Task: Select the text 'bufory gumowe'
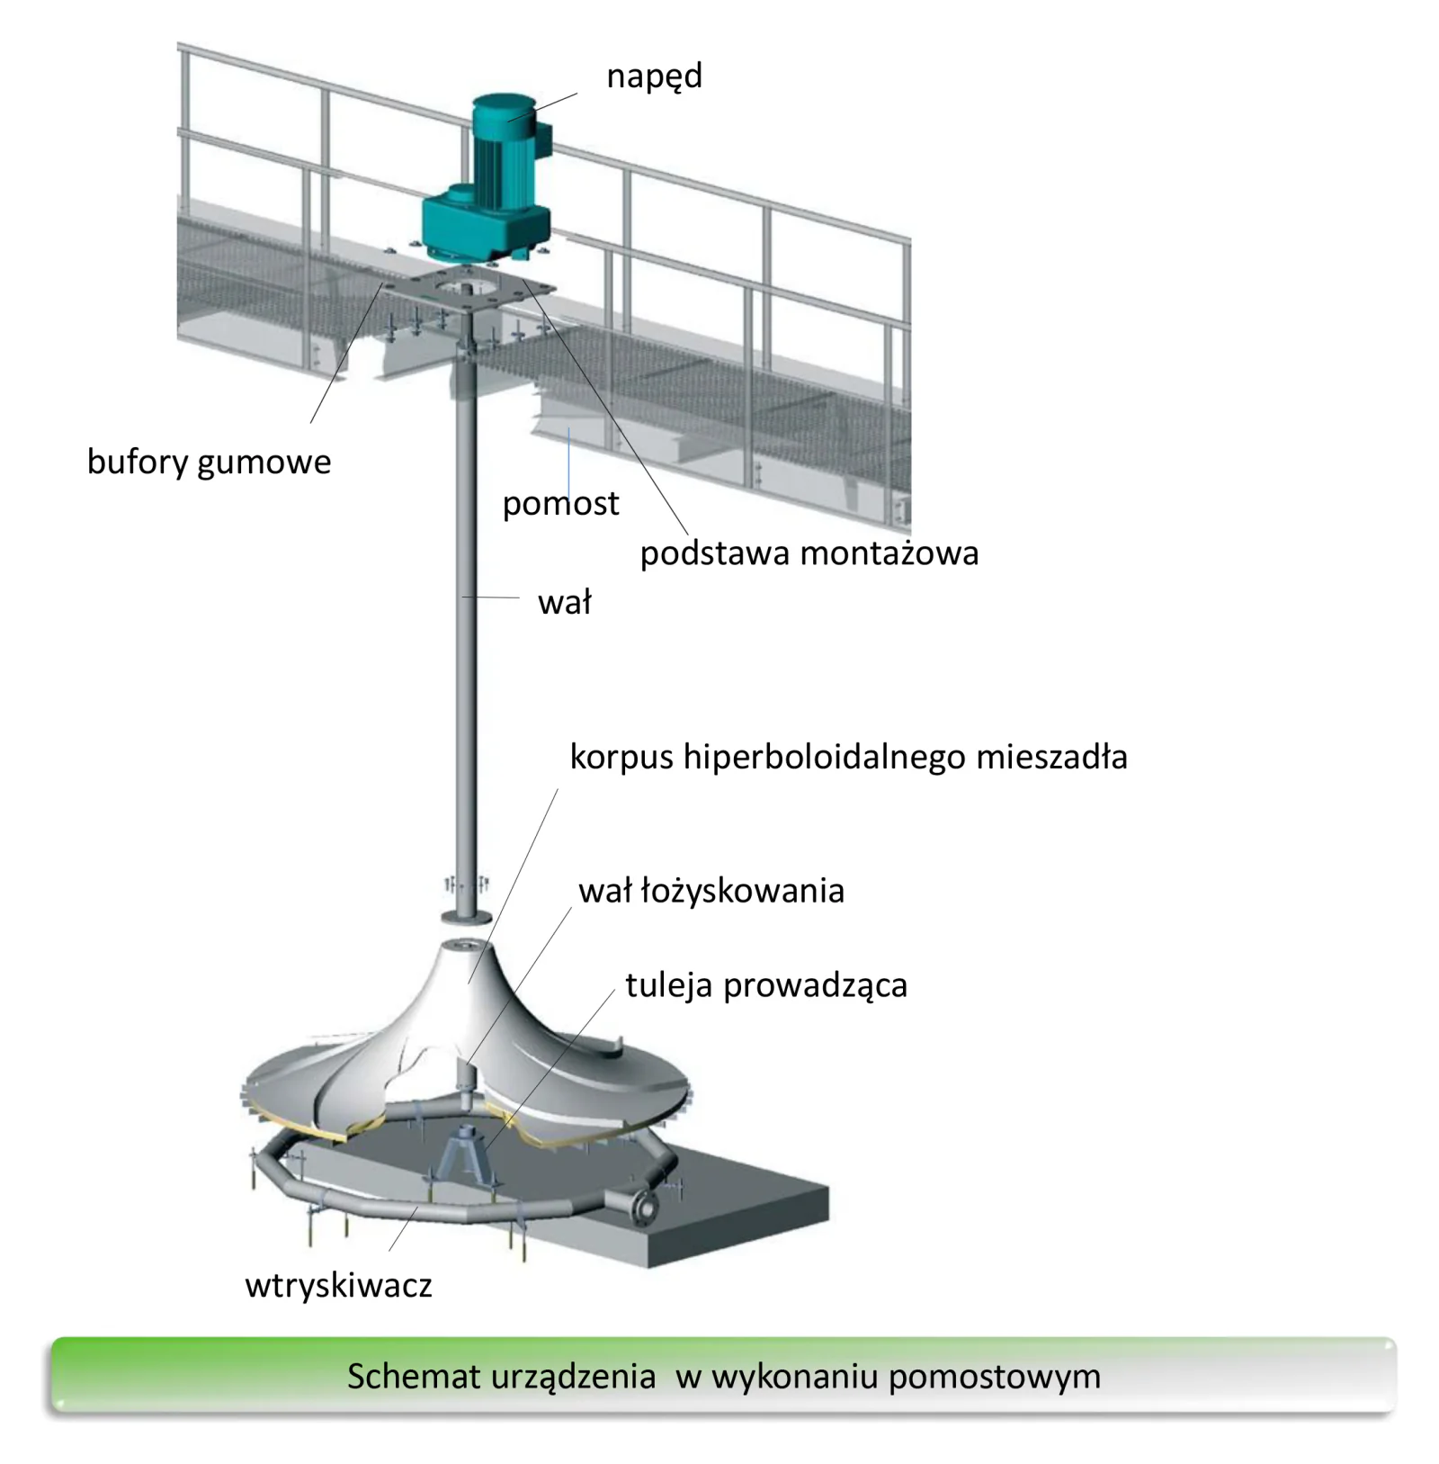[x=209, y=463]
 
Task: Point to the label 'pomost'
[x=560, y=504]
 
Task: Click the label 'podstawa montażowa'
[x=809, y=553]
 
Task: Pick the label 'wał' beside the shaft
[x=565, y=602]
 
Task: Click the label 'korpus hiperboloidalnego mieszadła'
[x=848, y=757]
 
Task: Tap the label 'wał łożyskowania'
[x=711, y=891]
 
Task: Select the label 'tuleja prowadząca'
[x=766, y=985]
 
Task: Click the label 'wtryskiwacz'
[x=338, y=1285]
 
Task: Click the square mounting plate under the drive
[x=468, y=288]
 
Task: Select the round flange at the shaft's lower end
[x=466, y=917]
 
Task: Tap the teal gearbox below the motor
[x=486, y=225]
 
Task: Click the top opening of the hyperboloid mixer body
[x=467, y=946]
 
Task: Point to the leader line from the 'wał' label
[x=490, y=597]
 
